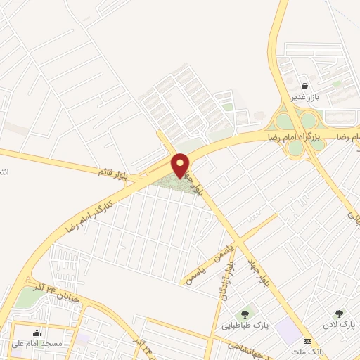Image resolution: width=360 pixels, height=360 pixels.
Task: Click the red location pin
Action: (x=181, y=165)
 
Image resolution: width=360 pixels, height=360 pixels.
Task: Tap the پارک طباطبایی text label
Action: (x=246, y=326)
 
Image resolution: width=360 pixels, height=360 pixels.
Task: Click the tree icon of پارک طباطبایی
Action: (x=245, y=314)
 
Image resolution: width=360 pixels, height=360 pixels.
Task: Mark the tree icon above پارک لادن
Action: (x=340, y=314)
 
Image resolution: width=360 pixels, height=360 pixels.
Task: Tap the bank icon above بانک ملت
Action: (x=307, y=340)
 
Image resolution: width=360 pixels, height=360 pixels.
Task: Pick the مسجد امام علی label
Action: (x=37, y=344)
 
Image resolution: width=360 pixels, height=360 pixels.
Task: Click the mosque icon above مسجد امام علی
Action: (x=37, y=333)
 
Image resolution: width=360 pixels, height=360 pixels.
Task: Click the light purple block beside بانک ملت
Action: (x=286, y=328)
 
